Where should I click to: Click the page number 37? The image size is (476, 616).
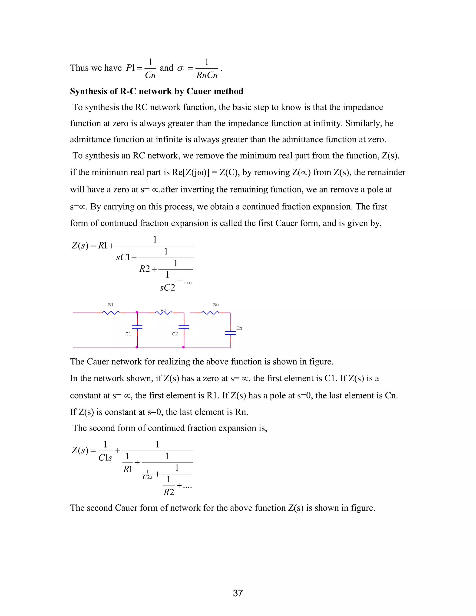(x=238, y=593)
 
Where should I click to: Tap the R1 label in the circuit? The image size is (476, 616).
(x=111, y=305)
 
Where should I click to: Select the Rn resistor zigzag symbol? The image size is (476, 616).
(x=210, y=312)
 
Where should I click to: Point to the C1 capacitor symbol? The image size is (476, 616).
(x=137, y=327)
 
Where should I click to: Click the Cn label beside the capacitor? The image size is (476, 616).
(x=239, y=328)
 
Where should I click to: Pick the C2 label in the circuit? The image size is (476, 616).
(x=175, y=334)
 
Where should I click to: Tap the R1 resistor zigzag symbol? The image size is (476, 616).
(x=111, y=312)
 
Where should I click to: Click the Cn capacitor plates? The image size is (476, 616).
(x=230, y=333)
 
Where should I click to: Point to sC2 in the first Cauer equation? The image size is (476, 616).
(x=168, y=288)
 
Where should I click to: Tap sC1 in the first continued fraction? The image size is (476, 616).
(x=123, y=257)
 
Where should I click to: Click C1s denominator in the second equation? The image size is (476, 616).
(x=105, y=457)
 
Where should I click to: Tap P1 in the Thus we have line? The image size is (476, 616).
(x=130, y=68)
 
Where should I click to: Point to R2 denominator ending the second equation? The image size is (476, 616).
(x=169, y=492)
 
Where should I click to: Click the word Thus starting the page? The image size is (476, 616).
(x=79, y=68)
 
